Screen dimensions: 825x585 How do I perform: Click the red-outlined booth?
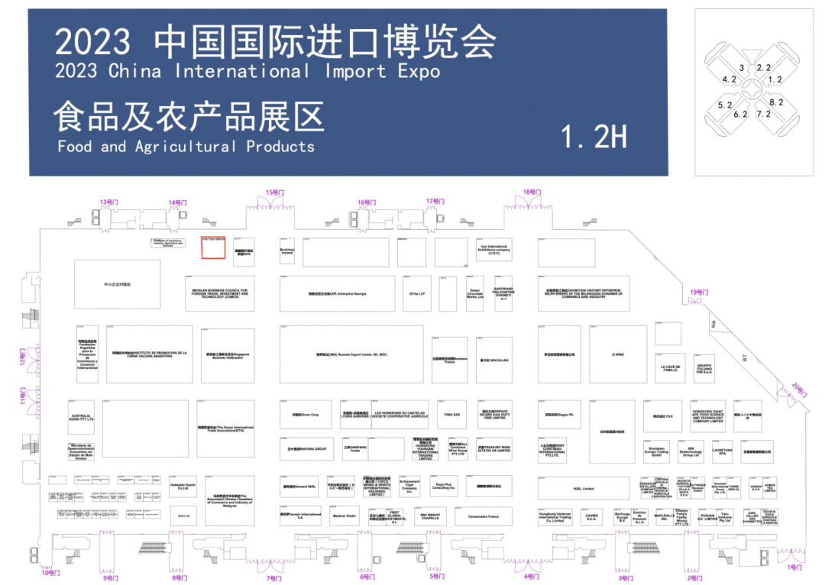pyautogui.click(x=213, y=248)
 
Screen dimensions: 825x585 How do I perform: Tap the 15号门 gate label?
pyautogui.click(x=273, y=192)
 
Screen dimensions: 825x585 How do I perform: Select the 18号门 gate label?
pyautogui.click(x=532, y=192)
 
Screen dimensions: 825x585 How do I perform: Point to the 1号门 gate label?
pyautogui.click(x=795, y=567)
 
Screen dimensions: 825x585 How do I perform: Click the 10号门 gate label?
pyautogui.click(x=50, y=572)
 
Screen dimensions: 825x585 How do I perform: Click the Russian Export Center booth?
pyautogui.click(x=351, y=354)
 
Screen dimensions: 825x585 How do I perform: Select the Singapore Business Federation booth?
pyautogui.click(x=228, y=354)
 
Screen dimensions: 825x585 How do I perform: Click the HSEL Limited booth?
pyautogui.click(x=583, y=488)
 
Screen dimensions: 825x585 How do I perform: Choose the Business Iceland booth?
pyautogui.click(x=286, y=251)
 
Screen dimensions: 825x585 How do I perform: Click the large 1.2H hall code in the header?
pyautogui.click(x=594, y=137)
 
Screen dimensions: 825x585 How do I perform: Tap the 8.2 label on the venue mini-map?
pyautogui.click(x=776, y=102)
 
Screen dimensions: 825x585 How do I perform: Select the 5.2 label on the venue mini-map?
pyautogui.click(x=725, y=105)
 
